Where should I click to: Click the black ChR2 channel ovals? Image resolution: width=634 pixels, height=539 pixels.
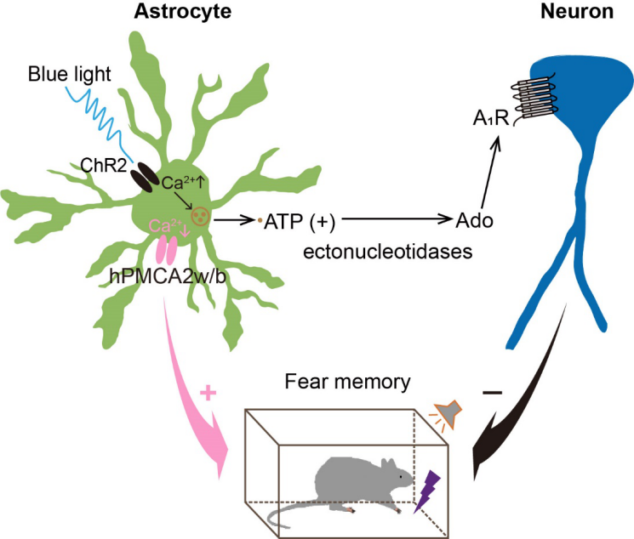tap(144, 177)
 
